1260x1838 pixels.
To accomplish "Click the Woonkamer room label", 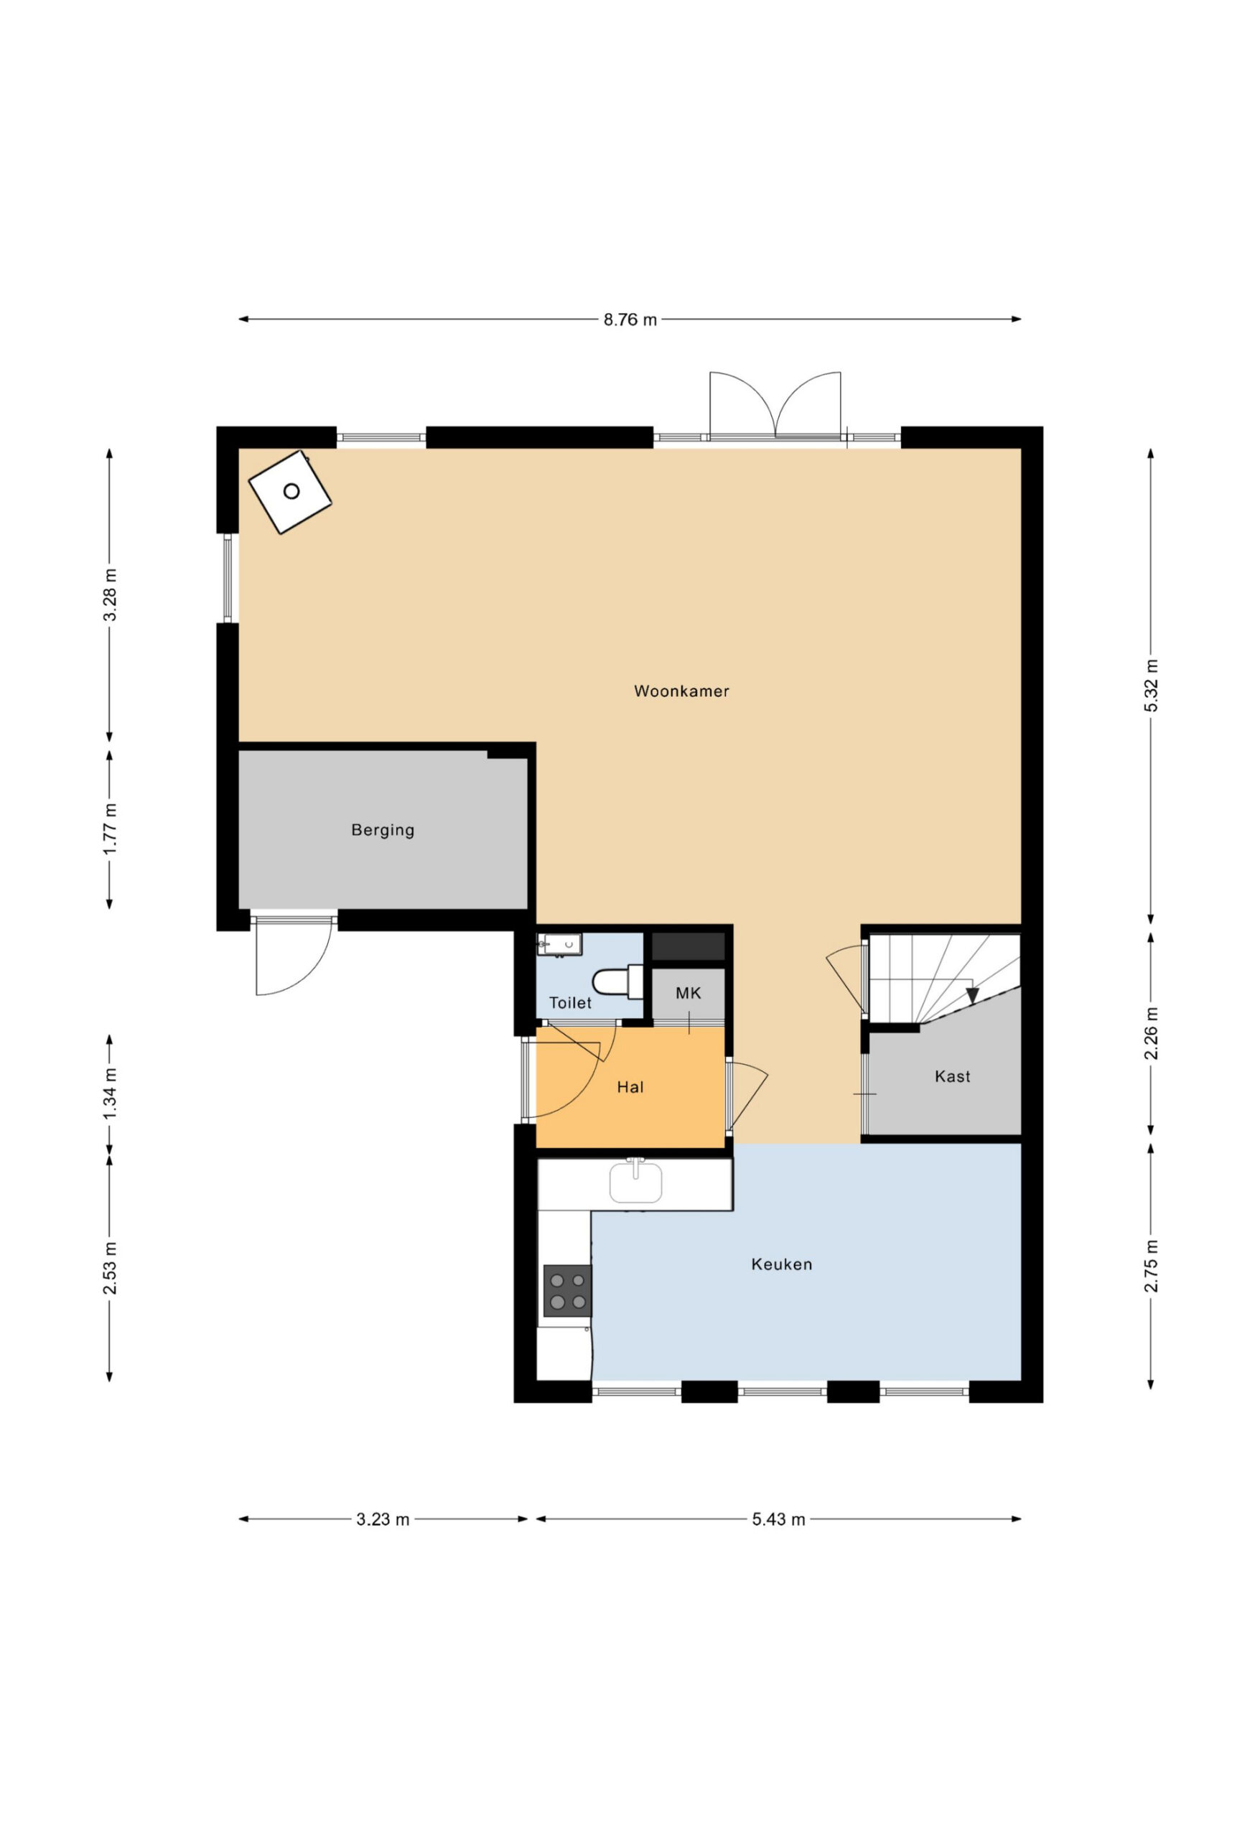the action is click(x=681, y=691).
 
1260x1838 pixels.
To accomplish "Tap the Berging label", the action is click(x=383, y=831).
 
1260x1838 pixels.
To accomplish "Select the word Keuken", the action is click(x=781, y=1264).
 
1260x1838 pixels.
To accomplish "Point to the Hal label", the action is click(x=630, y=1088).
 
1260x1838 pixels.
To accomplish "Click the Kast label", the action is click(x=952, y=1076).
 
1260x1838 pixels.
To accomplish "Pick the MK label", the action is click(x=688, y=994).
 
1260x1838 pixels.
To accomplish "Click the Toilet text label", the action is click(x=570, y=1003).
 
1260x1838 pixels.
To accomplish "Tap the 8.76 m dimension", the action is click(x=630, y=319).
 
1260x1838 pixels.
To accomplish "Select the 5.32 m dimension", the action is click(x=1151, y=686).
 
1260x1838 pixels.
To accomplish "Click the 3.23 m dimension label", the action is click(x=383, y=1519).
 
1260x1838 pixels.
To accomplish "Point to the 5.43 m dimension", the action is click(x=778, y=1519).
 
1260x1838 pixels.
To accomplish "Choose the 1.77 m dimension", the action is click(x=110, y=829).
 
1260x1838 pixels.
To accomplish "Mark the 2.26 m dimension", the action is click(x=1151, y=1034).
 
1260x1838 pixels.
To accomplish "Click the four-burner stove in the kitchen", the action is click(x=567, y=1291).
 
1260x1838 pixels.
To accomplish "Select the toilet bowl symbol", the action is click(x=617, y=981).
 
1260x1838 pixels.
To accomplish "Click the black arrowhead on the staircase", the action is click(x=972, y=996).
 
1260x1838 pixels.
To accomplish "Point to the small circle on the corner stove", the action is click(x=291, y=491).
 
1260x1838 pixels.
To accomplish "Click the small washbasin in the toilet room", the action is click(x=559, y=944).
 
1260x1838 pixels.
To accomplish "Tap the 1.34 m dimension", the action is click(x=110, y=1093).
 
